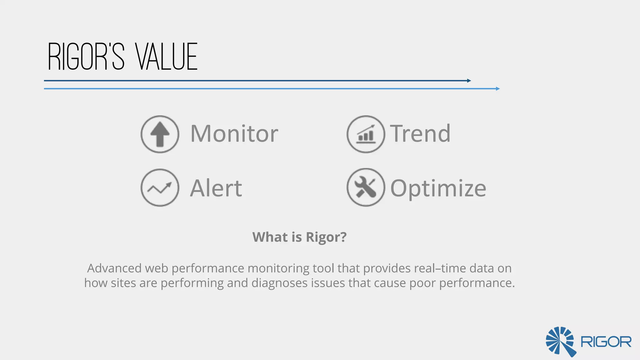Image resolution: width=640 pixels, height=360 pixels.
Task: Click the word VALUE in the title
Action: click(x=167, y=57)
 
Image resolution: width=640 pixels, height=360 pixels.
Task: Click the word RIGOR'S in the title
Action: click(x=86, y=57)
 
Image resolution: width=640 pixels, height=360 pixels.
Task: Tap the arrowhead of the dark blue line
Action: click(x=469, y=81)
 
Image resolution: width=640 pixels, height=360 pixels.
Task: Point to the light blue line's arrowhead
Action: click(x=498, y=89)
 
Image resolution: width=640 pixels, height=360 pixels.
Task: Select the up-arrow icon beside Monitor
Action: click(x=160, y=134)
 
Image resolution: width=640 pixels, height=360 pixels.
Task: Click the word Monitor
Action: click(x=234, y=134)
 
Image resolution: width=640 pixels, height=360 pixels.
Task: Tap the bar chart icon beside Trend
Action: click(x=366, y=134)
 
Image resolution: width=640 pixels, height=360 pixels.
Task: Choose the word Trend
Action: click(x=420, y=134)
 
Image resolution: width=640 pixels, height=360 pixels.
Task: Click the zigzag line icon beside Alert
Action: click(x=160, y=187)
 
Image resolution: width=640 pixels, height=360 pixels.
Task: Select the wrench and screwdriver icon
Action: click(x=366, y=187)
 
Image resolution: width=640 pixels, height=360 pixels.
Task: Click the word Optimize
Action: click(x=438, y=189)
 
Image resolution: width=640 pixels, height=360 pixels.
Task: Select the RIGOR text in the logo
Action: click(x=606, y=342)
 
